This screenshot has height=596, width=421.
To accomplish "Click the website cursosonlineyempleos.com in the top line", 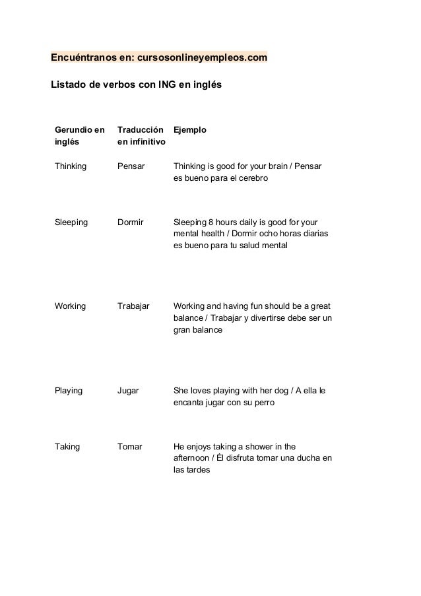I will tap(201, 58).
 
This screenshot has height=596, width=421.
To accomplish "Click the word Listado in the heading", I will tap(68, 86).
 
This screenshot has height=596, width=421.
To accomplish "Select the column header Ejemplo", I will tap(189, 131).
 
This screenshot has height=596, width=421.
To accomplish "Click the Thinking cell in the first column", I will tap(71, 166).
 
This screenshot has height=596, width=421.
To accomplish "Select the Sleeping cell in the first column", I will tap(71, 222).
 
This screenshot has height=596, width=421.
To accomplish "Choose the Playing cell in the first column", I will tap(69, 391).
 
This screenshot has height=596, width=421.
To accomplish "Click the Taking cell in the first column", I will tap(67, 447).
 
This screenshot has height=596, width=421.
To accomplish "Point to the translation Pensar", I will tap(131, 166).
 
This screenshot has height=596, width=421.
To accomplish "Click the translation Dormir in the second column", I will tap(130, 222).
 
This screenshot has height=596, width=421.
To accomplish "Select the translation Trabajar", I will tap(133, 306).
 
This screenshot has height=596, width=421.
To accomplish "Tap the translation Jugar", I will tap(128, 391).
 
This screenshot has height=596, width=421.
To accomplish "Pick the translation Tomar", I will tap(129, 447).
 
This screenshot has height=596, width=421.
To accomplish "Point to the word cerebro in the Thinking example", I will tap(254, 178).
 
